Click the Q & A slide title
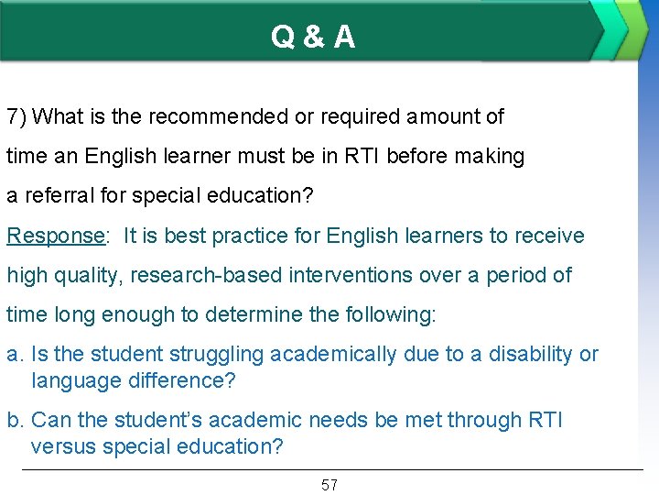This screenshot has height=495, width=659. coord(313,37)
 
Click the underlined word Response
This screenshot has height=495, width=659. coord(54,236)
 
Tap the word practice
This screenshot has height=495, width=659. coord(262,236)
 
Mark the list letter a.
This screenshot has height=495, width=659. coord(14,355)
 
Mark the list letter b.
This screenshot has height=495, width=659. coord(14,421)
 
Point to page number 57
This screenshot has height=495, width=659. coord(329,485)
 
